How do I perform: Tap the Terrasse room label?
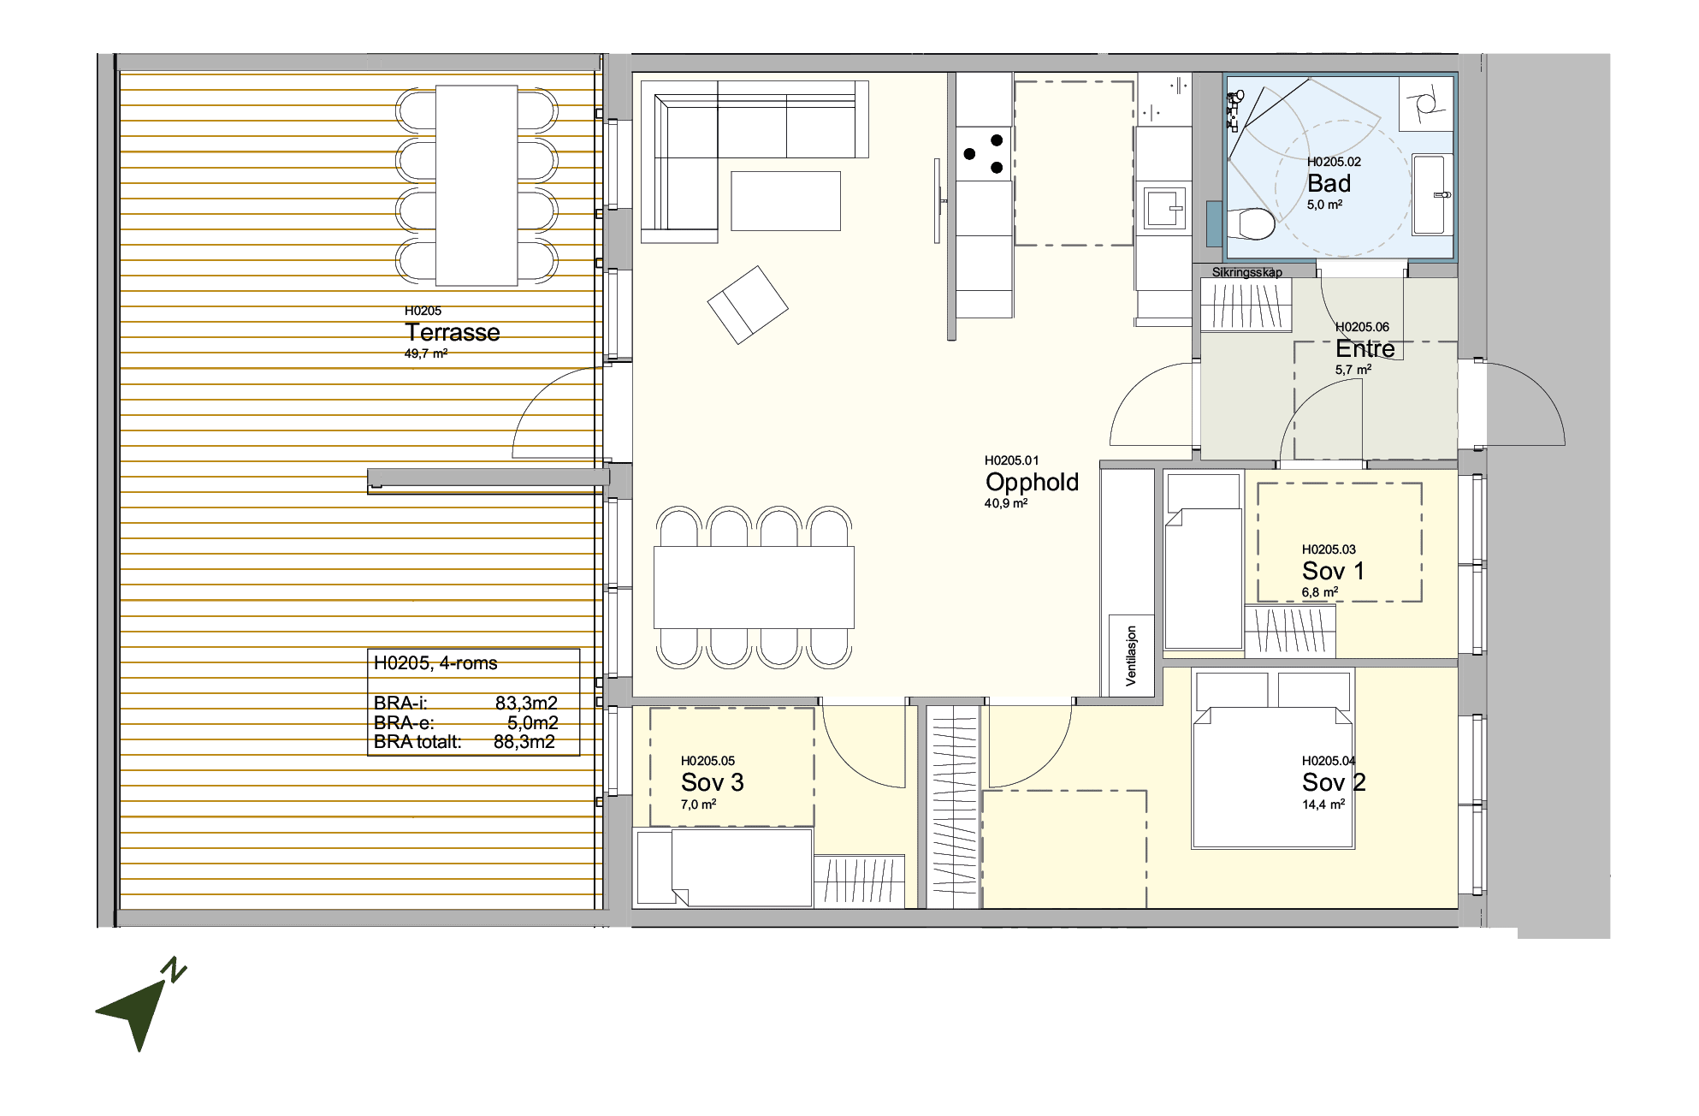452,332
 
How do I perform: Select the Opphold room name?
1032,482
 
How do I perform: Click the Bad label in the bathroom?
1329,183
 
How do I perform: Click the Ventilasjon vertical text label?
1131,656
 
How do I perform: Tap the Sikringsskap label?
1246,272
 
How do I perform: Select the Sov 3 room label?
712,782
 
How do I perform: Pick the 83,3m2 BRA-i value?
526,703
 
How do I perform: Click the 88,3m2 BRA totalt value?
524,742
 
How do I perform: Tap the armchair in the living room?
748,305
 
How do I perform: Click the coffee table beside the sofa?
785,201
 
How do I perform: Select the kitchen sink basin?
1163,207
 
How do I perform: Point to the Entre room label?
1365,348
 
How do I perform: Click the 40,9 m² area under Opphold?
1005,503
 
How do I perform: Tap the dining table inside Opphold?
754,587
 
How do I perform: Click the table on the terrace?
477,185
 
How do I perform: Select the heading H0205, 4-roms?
435,663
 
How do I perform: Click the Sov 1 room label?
1333,571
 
